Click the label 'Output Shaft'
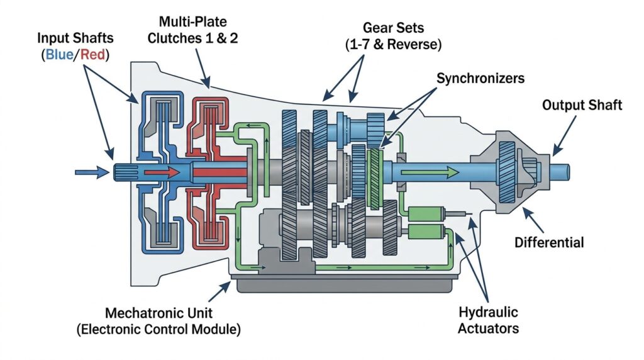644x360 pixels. pos(582,104)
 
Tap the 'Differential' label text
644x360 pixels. pos(549,242)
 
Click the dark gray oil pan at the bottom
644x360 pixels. pos(346,284)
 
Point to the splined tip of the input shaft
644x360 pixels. pos(123,171)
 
